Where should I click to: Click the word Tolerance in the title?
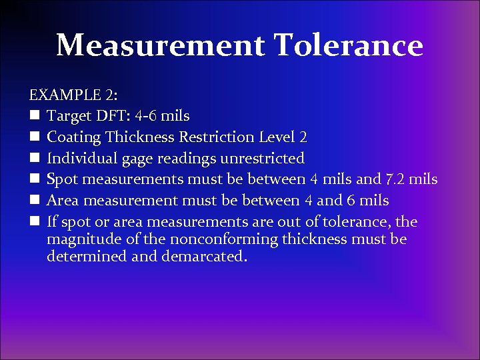coord(348,46)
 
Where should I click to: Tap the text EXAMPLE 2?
coord(72,95)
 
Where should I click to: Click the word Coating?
coord(75,137)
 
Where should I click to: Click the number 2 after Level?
coord(303,137)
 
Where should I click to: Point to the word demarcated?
coord(204,257)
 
